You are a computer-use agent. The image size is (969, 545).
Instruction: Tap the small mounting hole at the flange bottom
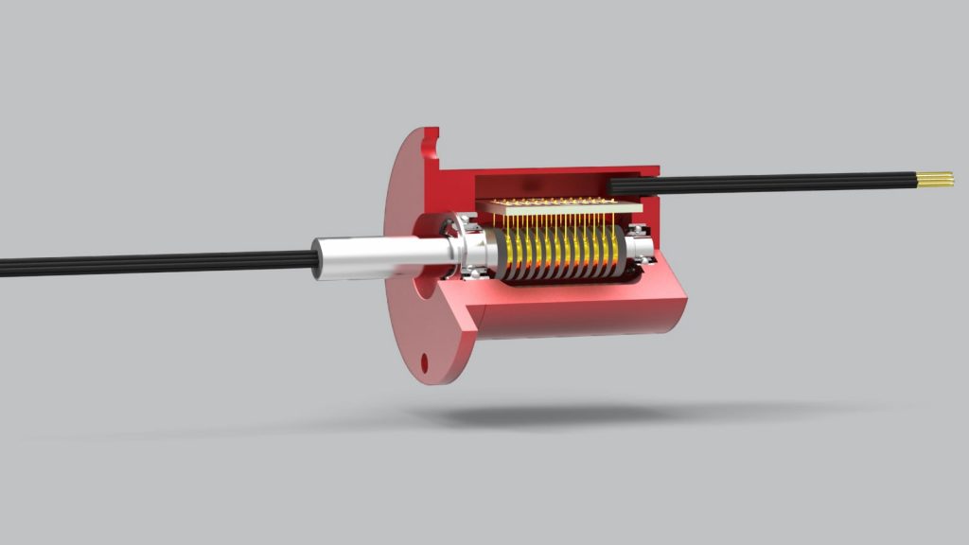[426, 360]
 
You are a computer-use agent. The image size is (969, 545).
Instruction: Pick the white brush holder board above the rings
[558, 206]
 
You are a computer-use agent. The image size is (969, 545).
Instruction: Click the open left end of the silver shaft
[317, 263]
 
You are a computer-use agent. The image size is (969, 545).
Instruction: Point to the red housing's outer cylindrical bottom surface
[577, 322]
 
